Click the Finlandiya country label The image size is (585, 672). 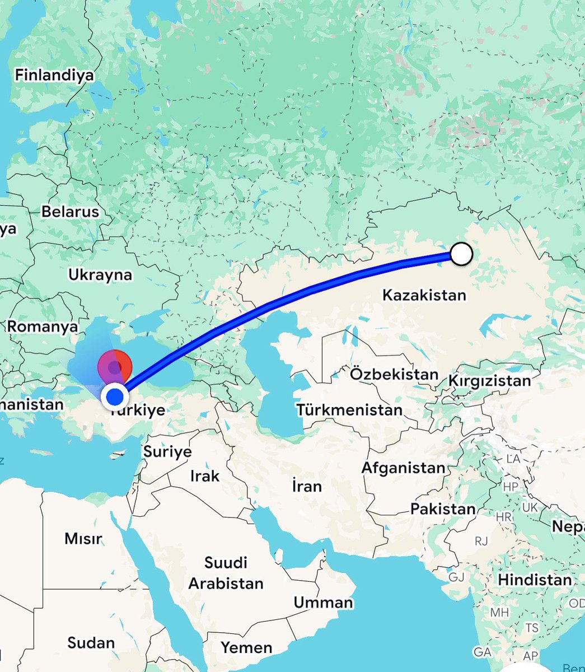54,75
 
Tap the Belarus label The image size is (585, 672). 70,212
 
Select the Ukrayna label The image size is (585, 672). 100,274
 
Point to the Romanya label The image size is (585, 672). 43,326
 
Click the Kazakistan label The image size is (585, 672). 424,295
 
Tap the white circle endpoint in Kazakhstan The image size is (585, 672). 461,254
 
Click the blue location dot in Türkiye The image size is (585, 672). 115,397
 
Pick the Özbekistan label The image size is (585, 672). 394,374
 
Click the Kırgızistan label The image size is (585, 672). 489,381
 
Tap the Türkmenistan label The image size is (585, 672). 349,409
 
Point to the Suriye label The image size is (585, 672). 167,451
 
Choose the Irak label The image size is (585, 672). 205,476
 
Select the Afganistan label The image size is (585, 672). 403,467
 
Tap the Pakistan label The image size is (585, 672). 442,509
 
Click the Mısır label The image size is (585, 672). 83,539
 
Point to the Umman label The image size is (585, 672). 323,603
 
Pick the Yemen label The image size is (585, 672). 246,647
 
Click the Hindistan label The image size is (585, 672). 535,580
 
